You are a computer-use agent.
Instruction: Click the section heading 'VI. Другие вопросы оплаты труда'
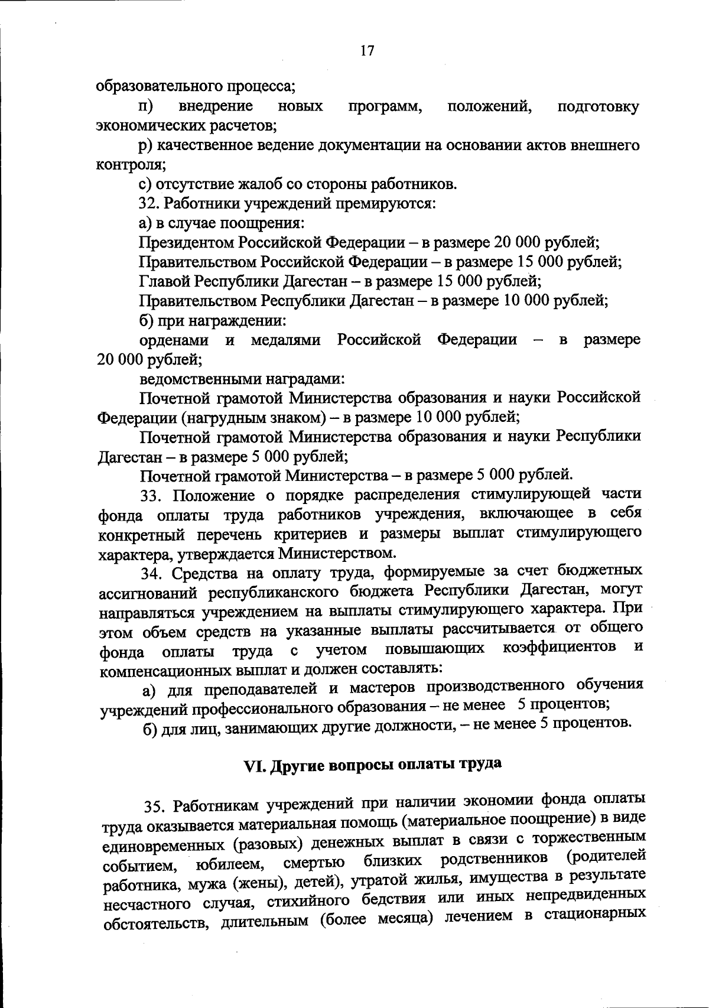pyautogui.click(x=373, y=765)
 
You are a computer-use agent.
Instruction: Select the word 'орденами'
pyautogui.click(x=174, y=340)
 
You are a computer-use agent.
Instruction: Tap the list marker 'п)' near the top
pyautogui.click(x=145, y=106)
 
